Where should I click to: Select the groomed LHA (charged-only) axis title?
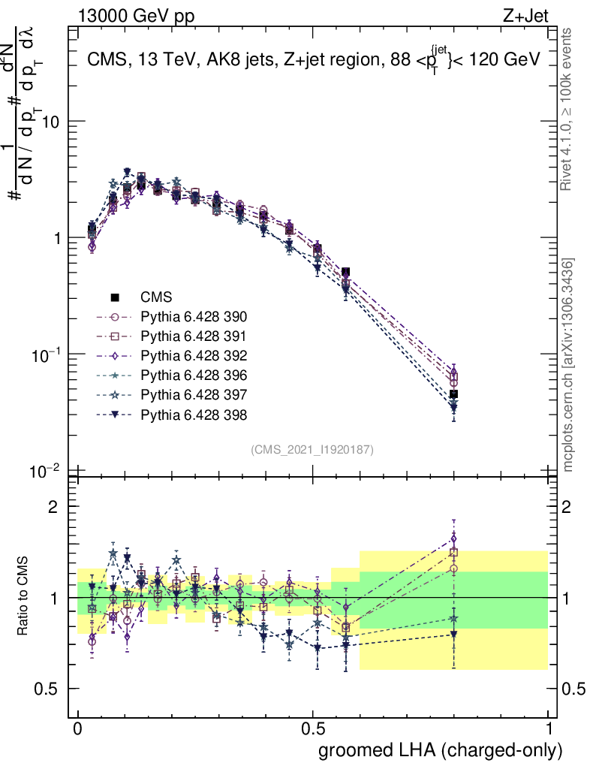pyautogui.click(x=441, y=749)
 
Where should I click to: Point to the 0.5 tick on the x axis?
pyautogui.click(x=313, y=728)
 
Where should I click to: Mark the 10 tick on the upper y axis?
pyautogui.click(x=54, y=121)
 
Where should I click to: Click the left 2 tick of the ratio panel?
pyautogui.click(x=53, y=506)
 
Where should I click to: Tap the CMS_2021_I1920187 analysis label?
pyautogui.click(x=312, y=449)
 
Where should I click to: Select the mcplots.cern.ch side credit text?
pyautogui.click(x=568, y=364)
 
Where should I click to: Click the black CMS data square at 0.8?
pyautogui.click(x=453, y=394)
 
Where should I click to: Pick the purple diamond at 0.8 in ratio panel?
pyautogui.click(x=453, y=539)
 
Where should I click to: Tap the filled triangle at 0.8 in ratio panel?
pyautogui.click(x=453, y=635)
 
